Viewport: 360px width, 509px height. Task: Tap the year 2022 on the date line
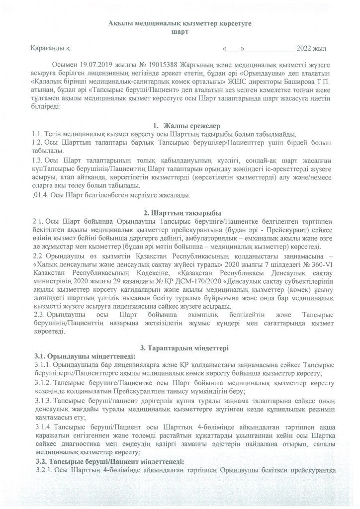tap(304, 49)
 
